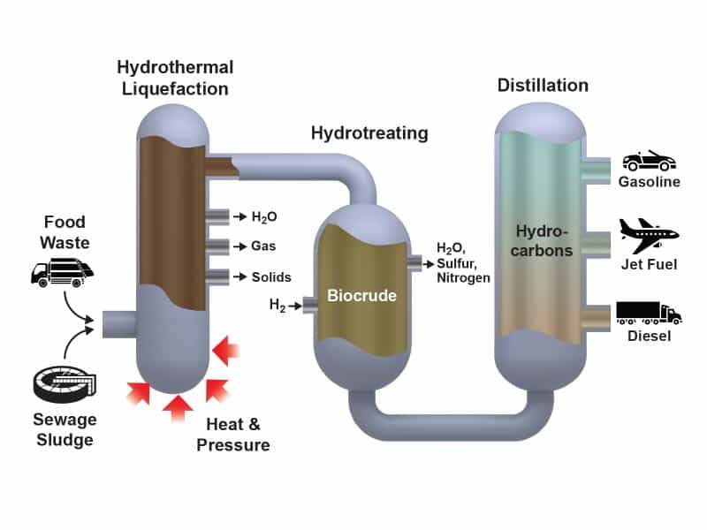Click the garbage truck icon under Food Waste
[x=62, y=272]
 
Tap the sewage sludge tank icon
[x=65, y=384]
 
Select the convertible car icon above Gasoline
[x=649, y=161]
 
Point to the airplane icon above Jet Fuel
[x=649, y=236]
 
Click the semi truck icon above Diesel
[x=649, y=314]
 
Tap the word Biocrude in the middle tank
[x=361, y=296]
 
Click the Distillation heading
[x=543, y=85]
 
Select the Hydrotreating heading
[x=369, y=133]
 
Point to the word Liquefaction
[x=175, y=89]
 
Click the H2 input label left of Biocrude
[x=277, y=305]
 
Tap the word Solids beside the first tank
[x=271, y=276]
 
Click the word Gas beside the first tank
[x=263, y=246]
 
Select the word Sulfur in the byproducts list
[x=456, y=263]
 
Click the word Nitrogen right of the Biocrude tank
[x=463, y=278]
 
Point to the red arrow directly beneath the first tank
[x=178, y=408]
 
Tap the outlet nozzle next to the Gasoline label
[x=598, y=170]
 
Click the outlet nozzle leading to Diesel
[x=598, y=317]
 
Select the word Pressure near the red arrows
[x=233, y=445]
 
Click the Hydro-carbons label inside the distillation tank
[x=542, y=241]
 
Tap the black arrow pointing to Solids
[x=239, y=276]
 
